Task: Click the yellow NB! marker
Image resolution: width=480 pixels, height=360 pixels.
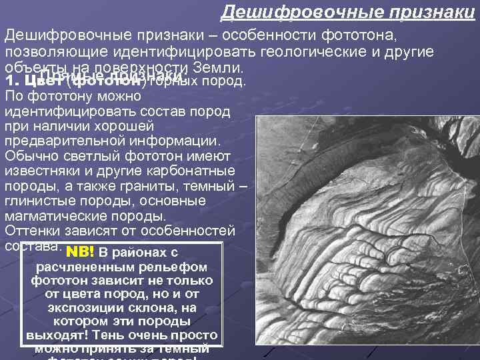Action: point(80,253)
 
